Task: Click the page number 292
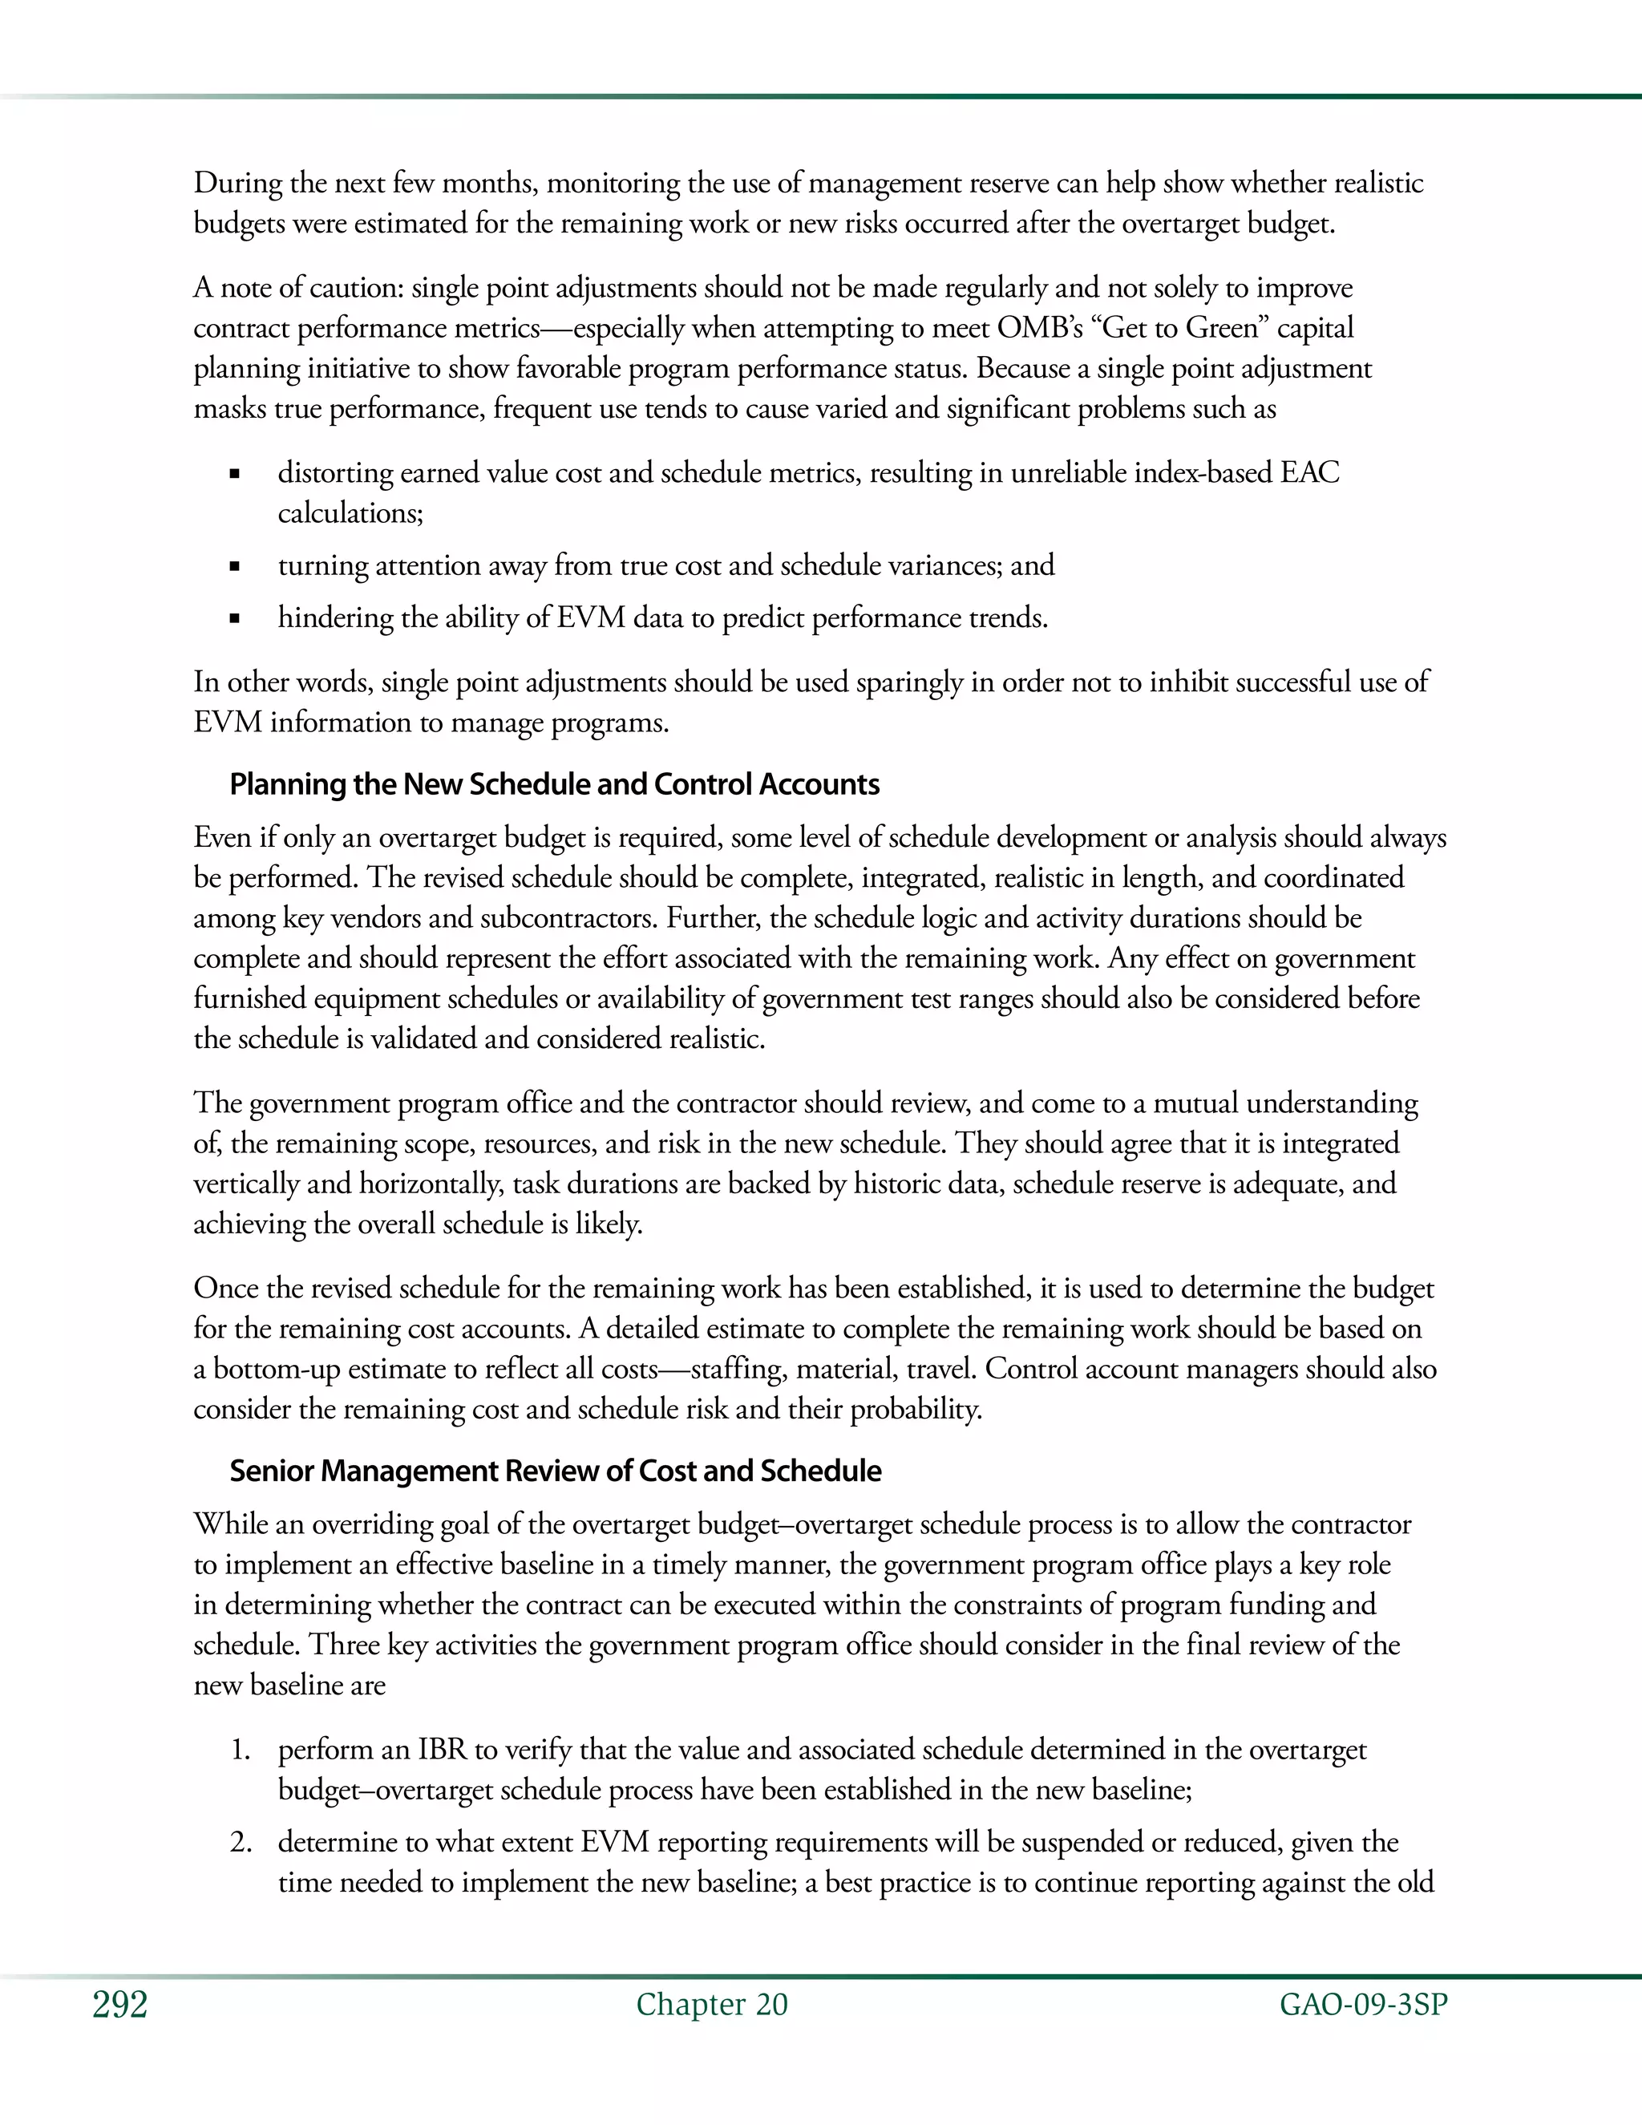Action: point(119,2005)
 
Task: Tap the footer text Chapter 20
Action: point(712,2005)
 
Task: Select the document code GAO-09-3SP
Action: point(1363,2005)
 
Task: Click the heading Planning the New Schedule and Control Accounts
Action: point(555,784)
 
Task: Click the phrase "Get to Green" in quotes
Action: point(1179,328)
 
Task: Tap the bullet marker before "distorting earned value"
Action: point(234,475)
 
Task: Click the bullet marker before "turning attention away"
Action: point(234,566)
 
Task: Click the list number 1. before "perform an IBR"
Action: point(241,1750)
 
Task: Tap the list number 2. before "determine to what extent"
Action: point(241,1842)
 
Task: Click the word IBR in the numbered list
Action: point(443,1750)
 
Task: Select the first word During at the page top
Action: point(238,183)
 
